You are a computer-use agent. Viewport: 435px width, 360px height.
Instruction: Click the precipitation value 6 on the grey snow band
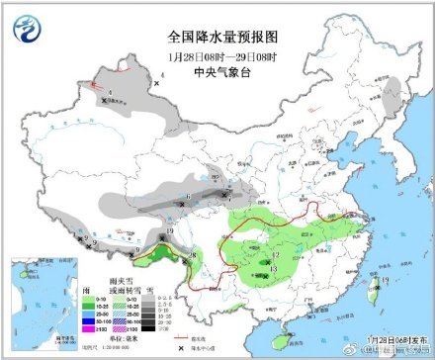pos(188,195)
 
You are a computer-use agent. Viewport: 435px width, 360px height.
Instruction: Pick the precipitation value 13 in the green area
pos(273,268)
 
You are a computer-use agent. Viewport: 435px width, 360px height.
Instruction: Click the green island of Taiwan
pos(373,292)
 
